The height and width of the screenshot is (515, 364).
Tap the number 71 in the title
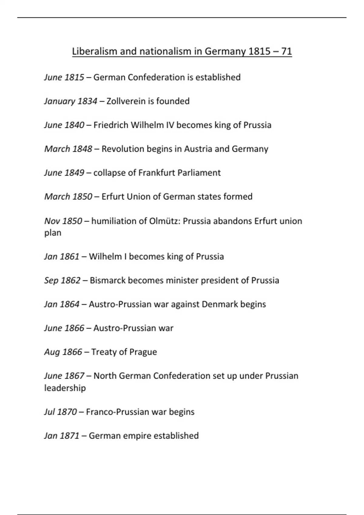(286, 51)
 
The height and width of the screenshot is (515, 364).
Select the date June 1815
(64, 78)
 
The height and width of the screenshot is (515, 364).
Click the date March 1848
(68, 149)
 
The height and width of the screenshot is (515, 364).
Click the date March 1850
(68, 197)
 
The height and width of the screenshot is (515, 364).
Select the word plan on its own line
(53, 233)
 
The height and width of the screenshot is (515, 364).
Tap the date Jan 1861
(62, 257)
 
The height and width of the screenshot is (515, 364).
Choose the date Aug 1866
(63, 352)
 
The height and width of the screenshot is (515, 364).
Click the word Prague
(143, 352)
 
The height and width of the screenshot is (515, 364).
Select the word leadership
(65, 388)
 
